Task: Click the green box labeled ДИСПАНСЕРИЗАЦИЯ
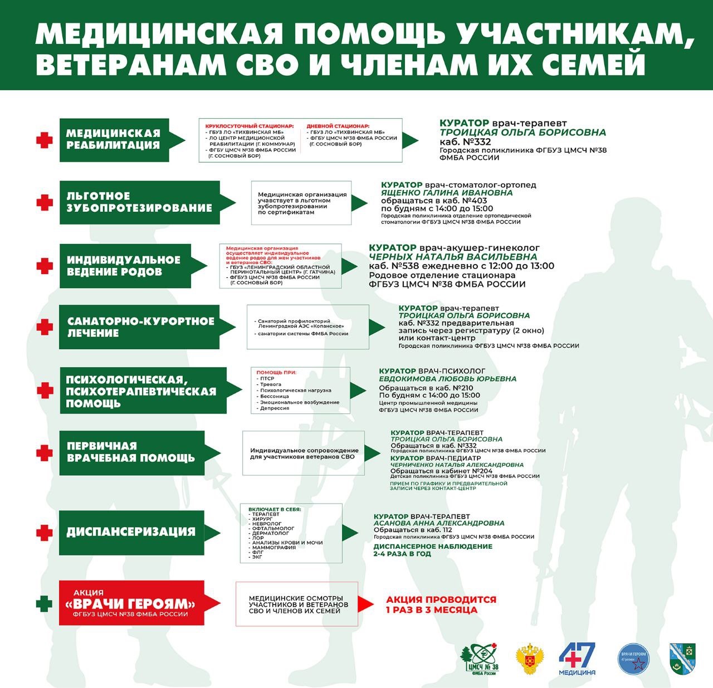130,532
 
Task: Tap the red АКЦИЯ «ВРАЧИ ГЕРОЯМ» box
131,603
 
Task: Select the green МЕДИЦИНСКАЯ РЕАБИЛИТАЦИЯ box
114,140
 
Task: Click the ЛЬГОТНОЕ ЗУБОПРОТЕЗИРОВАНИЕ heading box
139,202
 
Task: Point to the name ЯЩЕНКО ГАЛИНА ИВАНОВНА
446,193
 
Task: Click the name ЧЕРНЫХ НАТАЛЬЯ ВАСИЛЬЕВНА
453,257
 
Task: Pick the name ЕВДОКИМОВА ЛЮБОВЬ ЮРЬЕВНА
447,379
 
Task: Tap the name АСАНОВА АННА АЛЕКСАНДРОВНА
439,523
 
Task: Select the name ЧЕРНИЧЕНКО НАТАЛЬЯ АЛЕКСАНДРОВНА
457,465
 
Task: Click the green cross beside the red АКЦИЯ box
44,604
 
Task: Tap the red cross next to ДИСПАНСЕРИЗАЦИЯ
45,533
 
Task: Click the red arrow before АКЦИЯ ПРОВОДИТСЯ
365,604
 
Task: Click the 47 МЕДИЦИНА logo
577,658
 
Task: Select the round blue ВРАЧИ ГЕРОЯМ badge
634,658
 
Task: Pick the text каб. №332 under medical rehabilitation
465,142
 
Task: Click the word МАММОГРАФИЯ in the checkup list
274,548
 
